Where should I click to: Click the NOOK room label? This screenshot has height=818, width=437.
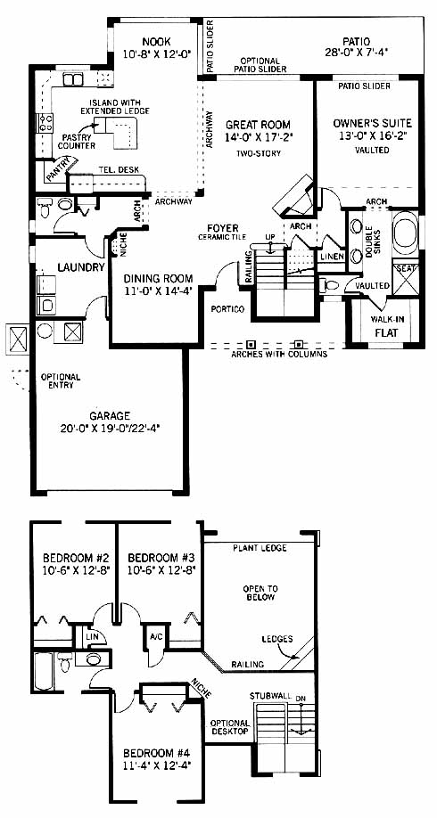[156, 42]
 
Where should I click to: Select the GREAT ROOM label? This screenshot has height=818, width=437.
[258, 126]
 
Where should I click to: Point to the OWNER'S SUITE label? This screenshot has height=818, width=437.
[373, 124]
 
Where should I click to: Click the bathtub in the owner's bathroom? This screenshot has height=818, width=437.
[406, 233]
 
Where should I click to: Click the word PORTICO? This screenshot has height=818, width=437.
[227, 309]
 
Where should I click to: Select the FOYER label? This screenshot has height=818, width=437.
[222, 228]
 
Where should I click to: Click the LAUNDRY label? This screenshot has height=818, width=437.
[81, 267]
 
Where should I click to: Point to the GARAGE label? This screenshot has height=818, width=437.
[110, 416]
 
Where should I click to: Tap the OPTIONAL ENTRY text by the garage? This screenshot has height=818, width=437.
[61, 380]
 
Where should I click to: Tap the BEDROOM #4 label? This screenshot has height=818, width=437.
[156, 753]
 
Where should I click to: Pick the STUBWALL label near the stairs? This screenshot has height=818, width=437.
[270, 696]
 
